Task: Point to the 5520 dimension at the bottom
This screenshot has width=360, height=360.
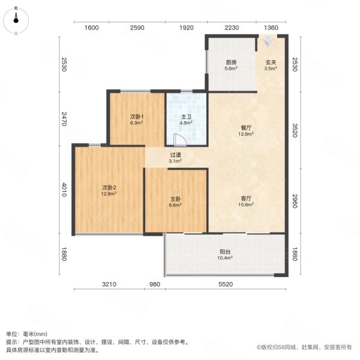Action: click(225, 284)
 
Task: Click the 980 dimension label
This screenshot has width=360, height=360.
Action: click(155, 284)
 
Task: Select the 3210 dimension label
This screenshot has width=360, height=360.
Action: click(108, 284)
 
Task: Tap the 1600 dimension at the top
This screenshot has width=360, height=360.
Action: click(91, 28)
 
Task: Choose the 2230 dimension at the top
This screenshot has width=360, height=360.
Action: click(232, 28)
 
